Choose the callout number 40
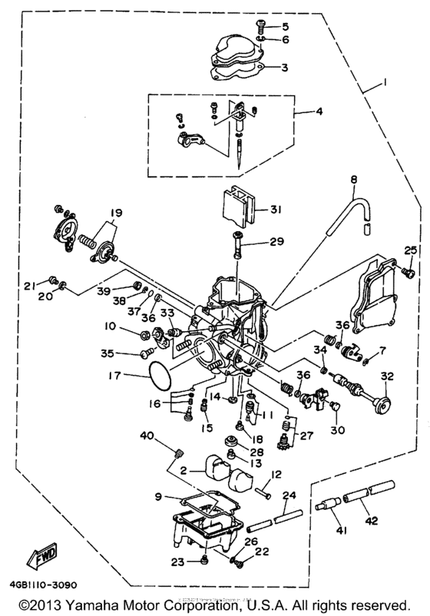pos(147,436)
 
